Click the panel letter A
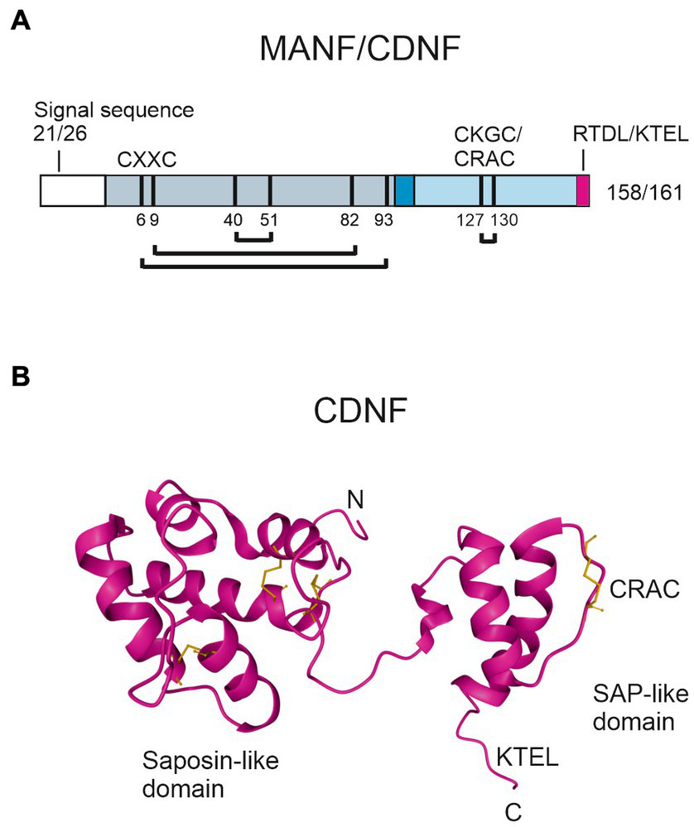click(22, 22)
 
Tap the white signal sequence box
click(73, 190)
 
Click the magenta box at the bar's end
click(583, 190)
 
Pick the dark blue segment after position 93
click(404, 190)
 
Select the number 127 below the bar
click(473, 220)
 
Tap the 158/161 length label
click(641, 193)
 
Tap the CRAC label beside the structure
click(644, 589)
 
